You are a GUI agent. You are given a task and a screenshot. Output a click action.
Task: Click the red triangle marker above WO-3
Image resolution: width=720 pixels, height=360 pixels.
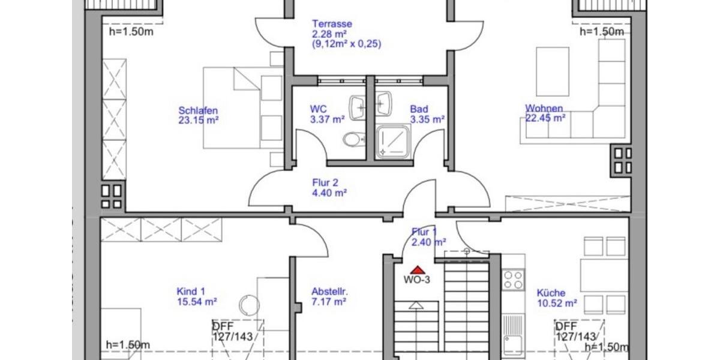(418, 270)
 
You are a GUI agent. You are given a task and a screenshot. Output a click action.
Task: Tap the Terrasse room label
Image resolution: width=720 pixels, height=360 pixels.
(331, 24)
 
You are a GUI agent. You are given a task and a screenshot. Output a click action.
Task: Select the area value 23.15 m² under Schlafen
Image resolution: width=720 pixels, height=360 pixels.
(198, 120)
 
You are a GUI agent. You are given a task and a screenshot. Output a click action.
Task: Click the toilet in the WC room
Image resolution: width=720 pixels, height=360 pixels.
(353, 140)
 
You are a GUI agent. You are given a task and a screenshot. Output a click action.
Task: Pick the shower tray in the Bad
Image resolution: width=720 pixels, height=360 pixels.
(393, 142)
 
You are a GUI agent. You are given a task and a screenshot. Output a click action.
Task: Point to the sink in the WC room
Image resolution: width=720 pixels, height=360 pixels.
(359, 106)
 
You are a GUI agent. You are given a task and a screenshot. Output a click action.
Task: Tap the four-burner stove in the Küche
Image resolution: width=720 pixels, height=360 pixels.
(513, 280)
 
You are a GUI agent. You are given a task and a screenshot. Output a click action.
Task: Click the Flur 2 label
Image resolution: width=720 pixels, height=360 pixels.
(326, 183)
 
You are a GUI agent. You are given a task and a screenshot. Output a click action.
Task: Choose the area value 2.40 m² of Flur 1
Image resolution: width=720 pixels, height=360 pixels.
(428, 242)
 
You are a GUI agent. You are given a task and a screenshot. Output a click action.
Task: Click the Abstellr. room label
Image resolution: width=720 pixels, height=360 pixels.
(329, 292)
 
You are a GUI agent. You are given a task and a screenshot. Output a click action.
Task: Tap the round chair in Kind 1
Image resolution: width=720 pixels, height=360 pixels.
(249, 305)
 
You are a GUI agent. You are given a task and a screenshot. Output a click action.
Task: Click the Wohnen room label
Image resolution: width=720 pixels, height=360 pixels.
(544, 109)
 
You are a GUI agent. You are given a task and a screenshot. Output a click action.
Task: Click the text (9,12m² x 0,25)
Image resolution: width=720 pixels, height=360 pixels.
(346, 44)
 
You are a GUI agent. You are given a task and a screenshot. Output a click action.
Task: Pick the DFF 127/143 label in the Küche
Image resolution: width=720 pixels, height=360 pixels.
(575, 331)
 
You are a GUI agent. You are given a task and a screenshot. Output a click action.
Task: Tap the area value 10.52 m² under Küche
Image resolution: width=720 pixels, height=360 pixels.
(557, 303)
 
